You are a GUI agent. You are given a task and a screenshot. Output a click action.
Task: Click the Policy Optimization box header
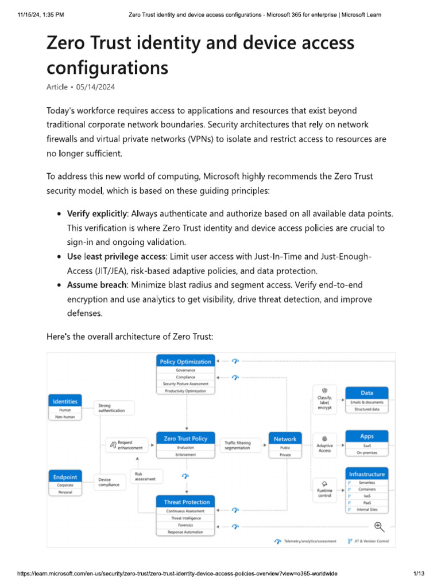(x=185, y=361)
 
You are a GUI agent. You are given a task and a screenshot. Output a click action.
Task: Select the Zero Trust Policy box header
(x=185, y=439)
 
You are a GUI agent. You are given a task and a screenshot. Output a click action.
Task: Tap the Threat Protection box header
(x=187, y=502)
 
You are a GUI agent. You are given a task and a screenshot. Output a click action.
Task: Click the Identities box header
(x=65, y=401)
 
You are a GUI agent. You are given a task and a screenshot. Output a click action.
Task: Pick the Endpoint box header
(x=65, y=476)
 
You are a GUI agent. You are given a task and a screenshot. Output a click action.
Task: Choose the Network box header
(x=285, y=439)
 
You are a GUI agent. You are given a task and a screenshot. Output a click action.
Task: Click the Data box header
(x=367, y=393)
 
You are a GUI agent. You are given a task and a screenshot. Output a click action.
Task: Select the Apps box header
(x=367, y=436)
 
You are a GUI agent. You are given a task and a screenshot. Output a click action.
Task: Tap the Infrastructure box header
(x=367, y=474)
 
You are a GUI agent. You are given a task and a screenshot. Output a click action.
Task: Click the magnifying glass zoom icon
(x=379, y=526)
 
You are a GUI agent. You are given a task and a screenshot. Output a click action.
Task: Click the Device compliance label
(x=109, y=482)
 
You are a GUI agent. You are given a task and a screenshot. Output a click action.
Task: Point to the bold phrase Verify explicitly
(x=98, y=213)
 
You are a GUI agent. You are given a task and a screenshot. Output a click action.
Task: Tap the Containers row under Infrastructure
(x=367, y=489)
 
